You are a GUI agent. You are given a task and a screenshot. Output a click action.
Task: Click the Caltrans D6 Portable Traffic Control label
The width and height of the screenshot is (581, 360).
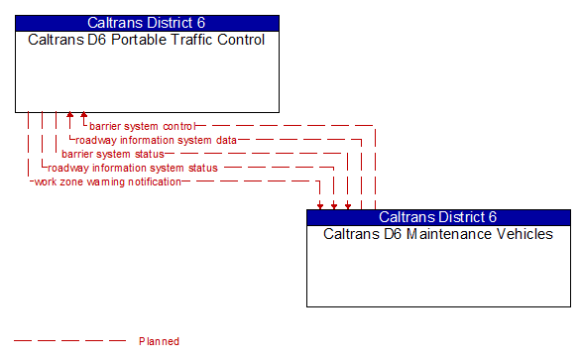[x=146, y=41]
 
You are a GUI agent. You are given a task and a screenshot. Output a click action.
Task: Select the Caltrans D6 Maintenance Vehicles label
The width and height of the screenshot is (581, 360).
[x=438, y=234]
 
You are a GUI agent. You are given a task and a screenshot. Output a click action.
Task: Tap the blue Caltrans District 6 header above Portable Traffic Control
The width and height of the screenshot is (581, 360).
[x=146, y=23]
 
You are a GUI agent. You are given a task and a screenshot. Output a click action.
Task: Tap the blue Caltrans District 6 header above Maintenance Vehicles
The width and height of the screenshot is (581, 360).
[x=438, y=217]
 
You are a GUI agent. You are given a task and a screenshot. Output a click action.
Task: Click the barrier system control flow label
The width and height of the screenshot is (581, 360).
[x=142, y=126]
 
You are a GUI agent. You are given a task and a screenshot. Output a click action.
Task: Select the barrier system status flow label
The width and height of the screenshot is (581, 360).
[x=112, y=154]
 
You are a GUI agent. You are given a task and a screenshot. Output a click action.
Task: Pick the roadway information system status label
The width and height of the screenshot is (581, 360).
[x=133, y=168]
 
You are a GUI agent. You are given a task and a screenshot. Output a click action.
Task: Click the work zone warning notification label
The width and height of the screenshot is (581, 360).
[x=107, y=181]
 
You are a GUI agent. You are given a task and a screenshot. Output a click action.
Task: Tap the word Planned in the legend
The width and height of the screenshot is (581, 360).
[x=159, y=341]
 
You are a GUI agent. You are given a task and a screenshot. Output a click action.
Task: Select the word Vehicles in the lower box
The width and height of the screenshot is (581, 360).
[x=523, y=234]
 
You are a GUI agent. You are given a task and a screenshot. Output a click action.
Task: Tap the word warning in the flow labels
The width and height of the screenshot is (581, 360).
[x=98, y=181]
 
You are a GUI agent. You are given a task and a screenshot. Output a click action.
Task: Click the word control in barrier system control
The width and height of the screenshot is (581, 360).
[x=179, y=126]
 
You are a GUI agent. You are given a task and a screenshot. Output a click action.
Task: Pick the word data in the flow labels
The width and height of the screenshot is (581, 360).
[x=226, y=140]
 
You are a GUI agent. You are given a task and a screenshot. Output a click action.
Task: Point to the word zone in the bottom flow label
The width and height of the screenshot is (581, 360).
[x=68, y=181]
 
